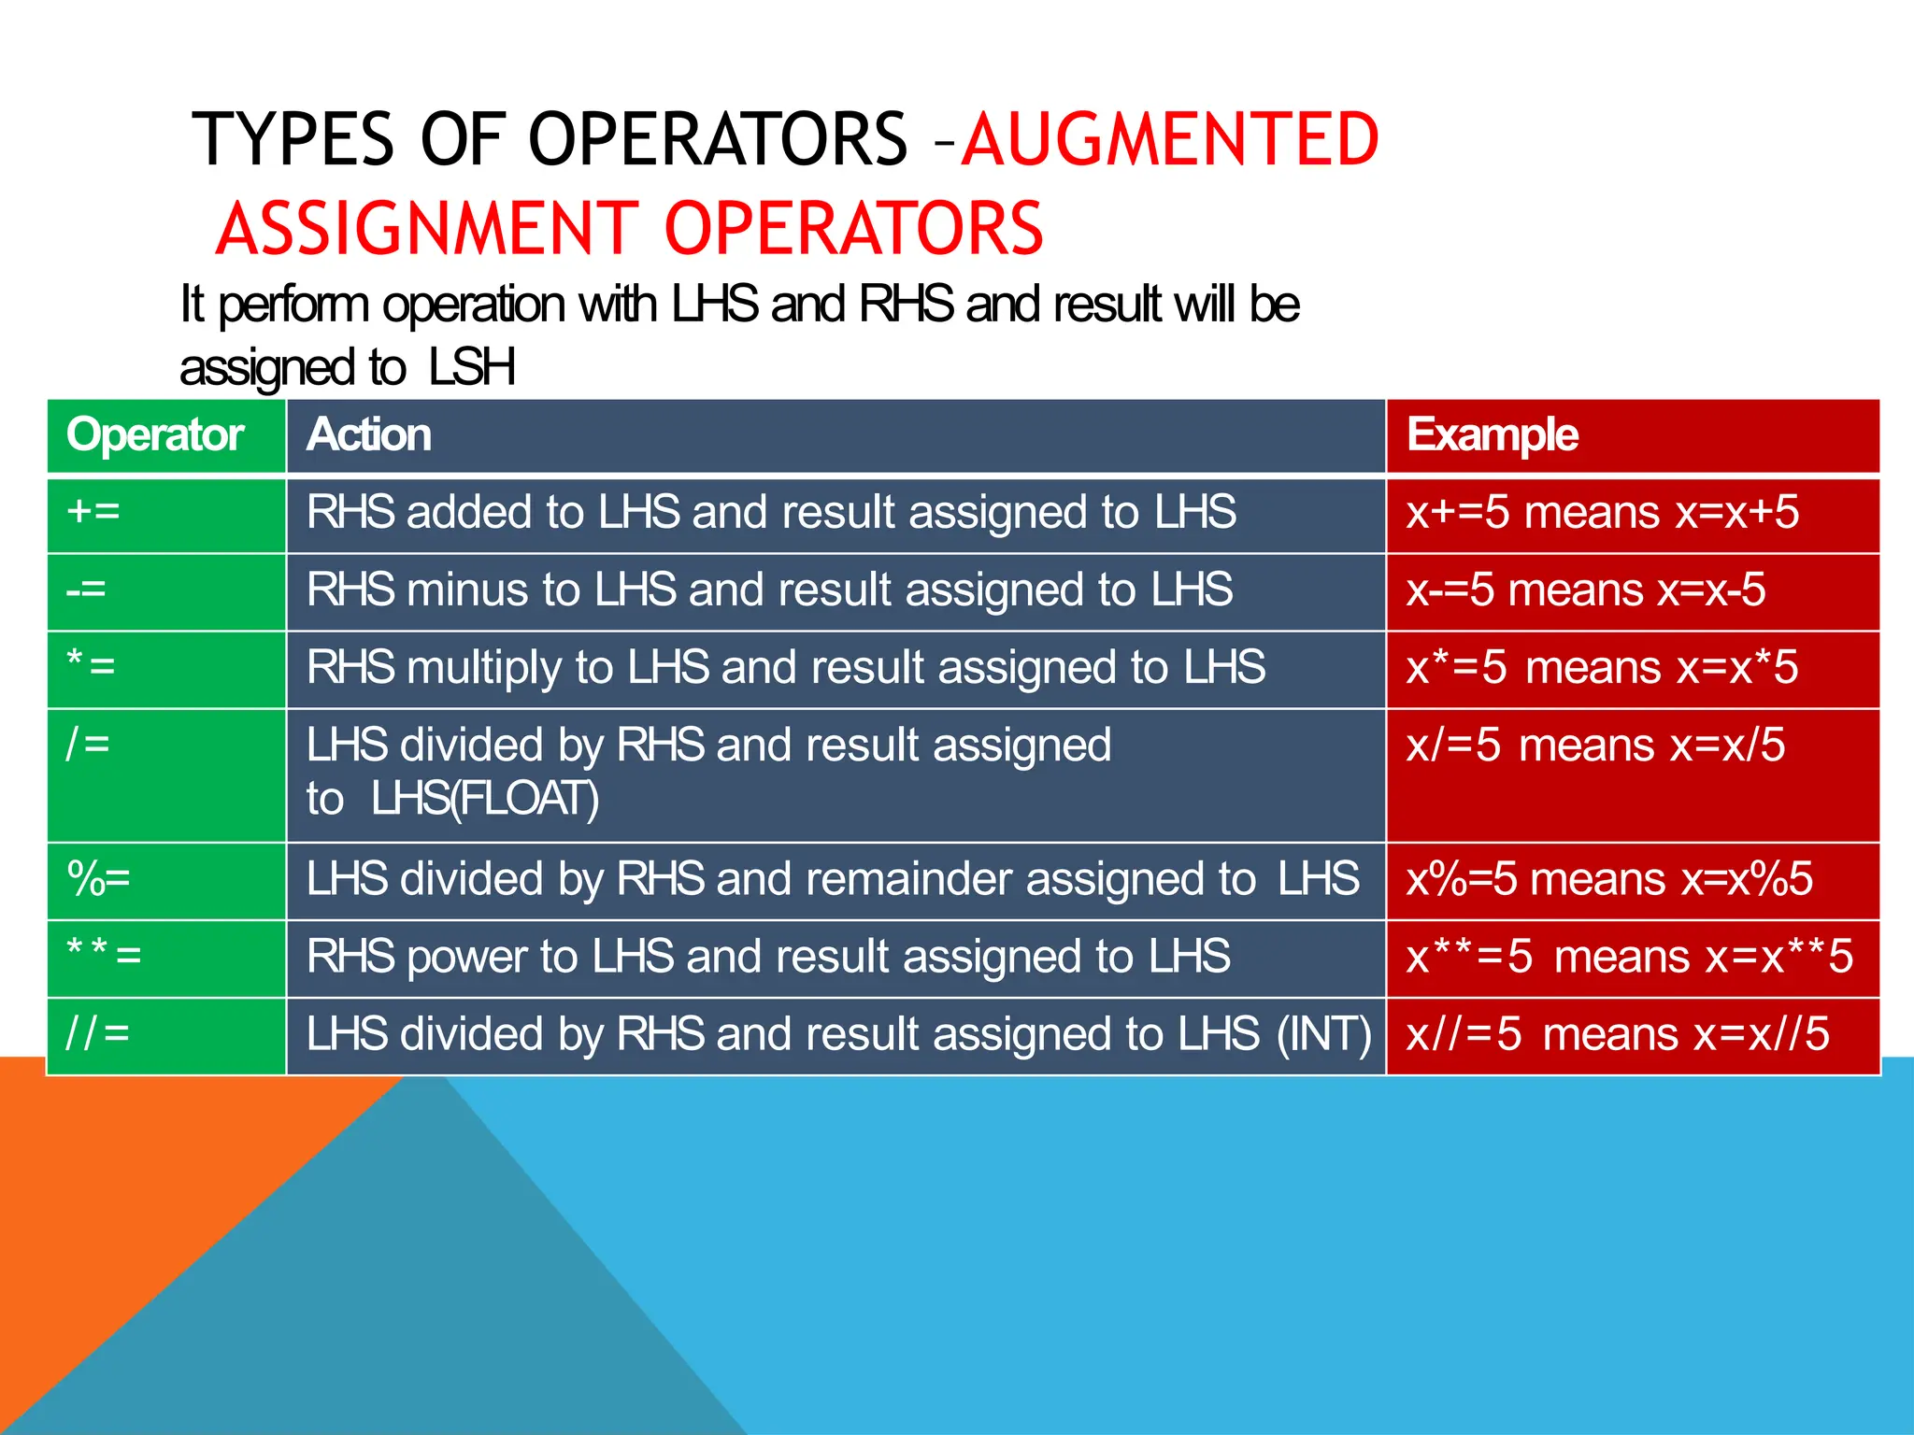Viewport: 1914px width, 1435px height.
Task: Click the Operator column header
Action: pyautogui.click(x=155, y=435)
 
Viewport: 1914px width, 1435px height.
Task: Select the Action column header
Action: pyautogui.click(x=369, y=435)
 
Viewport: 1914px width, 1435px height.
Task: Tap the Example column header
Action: pyautogui.click(x=1493, y=435)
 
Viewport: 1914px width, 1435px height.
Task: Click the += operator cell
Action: pyautogui.click(x=93, y=512)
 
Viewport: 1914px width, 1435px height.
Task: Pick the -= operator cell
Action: pyautogui.click(x=86, y=590)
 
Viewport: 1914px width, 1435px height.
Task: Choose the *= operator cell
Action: pyautogui.click(x=91, y=666)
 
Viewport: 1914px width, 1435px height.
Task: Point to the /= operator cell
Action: pyautogui.click(x=88, y=745)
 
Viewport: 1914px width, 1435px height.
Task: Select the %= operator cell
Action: pyautogui.click(x=98, y=879)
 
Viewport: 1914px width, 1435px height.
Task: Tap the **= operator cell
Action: pyautogui.click(x=103, y=956)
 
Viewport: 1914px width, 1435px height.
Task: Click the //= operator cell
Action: pyautogui.click(x=97, y=1033)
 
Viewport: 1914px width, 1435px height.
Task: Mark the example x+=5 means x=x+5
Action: pyautogui.click(x=1602, y=513)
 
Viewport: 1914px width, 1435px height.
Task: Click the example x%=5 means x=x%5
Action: pyautogui.click(x=1608, y=879)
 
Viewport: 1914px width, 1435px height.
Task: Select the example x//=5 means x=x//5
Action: pyautogui.click(x=1617, y=1034)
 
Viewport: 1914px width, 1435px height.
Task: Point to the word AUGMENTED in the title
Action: pyautogui.click(x=1170, y=140)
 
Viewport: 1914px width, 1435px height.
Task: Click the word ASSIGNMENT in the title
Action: pyautogui.click(x=426, y=229)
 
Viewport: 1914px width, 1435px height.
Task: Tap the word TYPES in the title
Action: pyautogui.click(x=293, y=140)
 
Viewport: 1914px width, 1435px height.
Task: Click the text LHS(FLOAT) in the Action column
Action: pyautogui.click(x=484, y=800)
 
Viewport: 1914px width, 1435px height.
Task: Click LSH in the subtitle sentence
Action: pyautogui.click(x=472, y=367)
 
